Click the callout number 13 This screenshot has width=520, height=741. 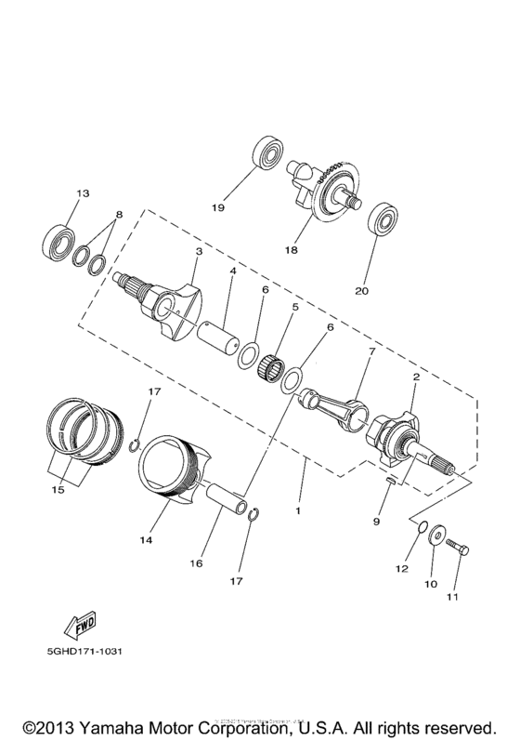[82, 193]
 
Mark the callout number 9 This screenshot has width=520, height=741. [376, 523]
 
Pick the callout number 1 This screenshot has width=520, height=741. [298, 511]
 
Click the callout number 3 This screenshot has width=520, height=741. [198, 251]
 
